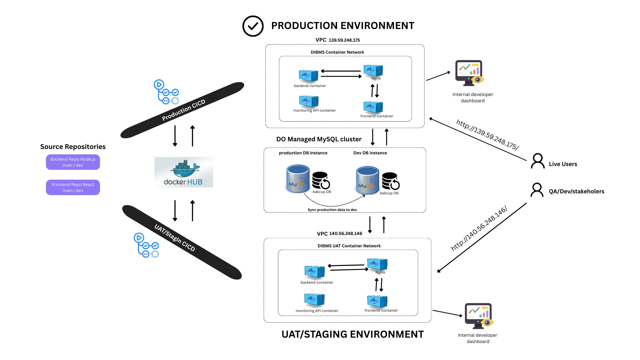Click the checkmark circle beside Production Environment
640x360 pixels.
(x=253, y=26)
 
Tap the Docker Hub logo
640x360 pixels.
(x=184, y=172)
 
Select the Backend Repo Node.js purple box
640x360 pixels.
(x=73, y=162)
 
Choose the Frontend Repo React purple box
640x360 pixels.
(x=73, y=187)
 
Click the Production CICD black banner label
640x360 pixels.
(x=183, y=110)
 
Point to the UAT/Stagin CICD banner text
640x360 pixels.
(x=175, y=237)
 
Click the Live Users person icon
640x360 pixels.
(x=537, y=161)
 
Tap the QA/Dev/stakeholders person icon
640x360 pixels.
(x=537, y=190)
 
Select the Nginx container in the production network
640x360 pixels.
(x=373, y=71)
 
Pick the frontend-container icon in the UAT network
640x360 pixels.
(x=377, y=301)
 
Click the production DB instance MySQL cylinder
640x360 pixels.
(x=298, y=179)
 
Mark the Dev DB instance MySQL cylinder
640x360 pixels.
(x=367, y=180)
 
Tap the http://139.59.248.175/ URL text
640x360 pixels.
(x=487, y=135)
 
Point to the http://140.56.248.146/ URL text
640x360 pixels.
(x=479, y=228)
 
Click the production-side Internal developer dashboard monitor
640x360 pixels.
(x=469, y=73)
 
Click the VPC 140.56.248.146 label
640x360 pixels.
(x=339, y=234)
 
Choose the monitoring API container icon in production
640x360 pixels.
(x=309, y=101)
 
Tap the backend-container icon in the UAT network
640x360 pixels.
(x=314, y=272)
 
